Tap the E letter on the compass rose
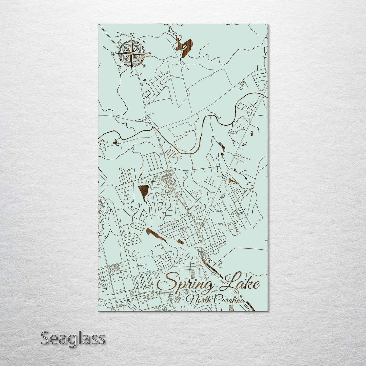149,54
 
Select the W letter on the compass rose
112,54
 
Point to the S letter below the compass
131,72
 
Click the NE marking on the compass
144,41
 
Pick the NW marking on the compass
119,43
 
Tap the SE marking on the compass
144,66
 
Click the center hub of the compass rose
131,54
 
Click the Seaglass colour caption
73,338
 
